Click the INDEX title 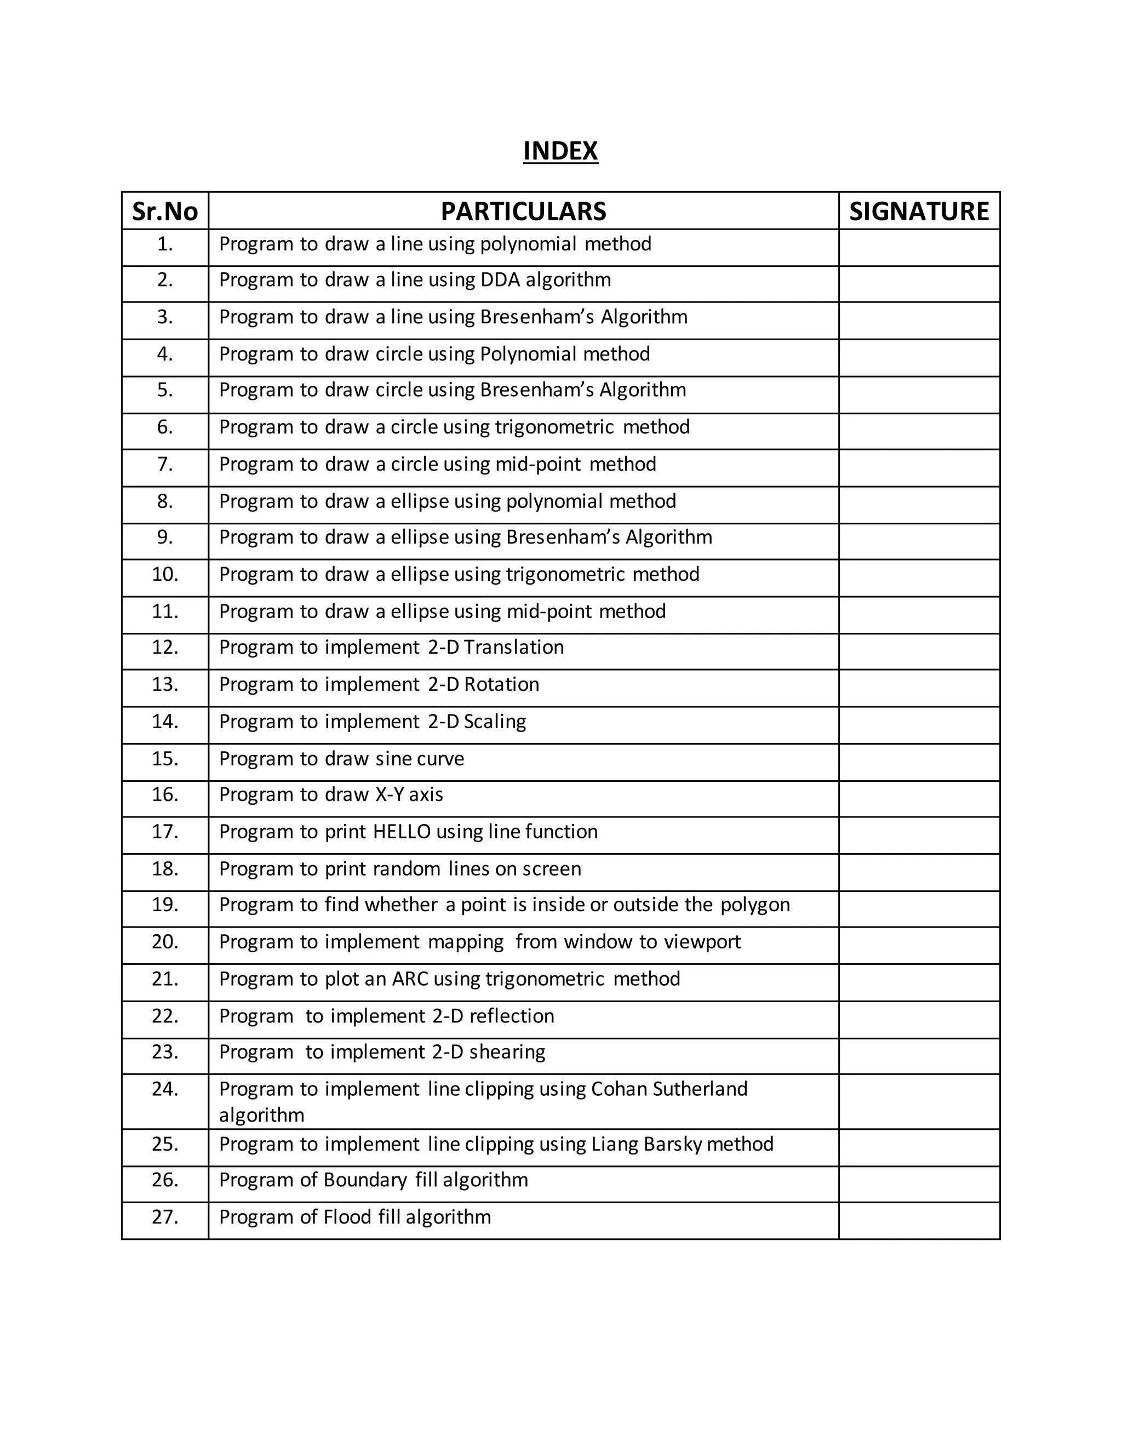click(x=560, y=151)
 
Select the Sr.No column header click(x=165, y=211)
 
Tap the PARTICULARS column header click(x=523, y=211)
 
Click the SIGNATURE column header click(x=919, y=211)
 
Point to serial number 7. click(x=165, y=464)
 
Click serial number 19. click(x=165, y=905)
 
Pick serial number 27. click(x=165, y=1216)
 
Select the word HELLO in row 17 click(x=402, y=832)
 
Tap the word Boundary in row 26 click(x=365, y=1180)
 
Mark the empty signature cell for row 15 click(x=919, y=762)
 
